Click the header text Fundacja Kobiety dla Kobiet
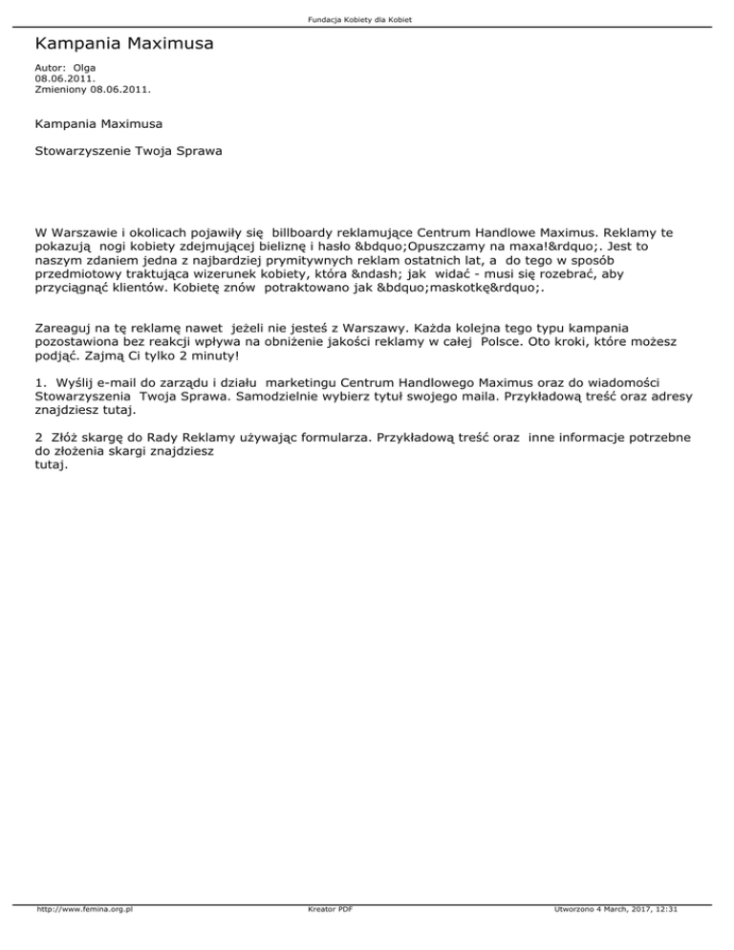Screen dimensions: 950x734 (x=367, y=20)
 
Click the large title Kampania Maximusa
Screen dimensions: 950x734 (x=123, y=43)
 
